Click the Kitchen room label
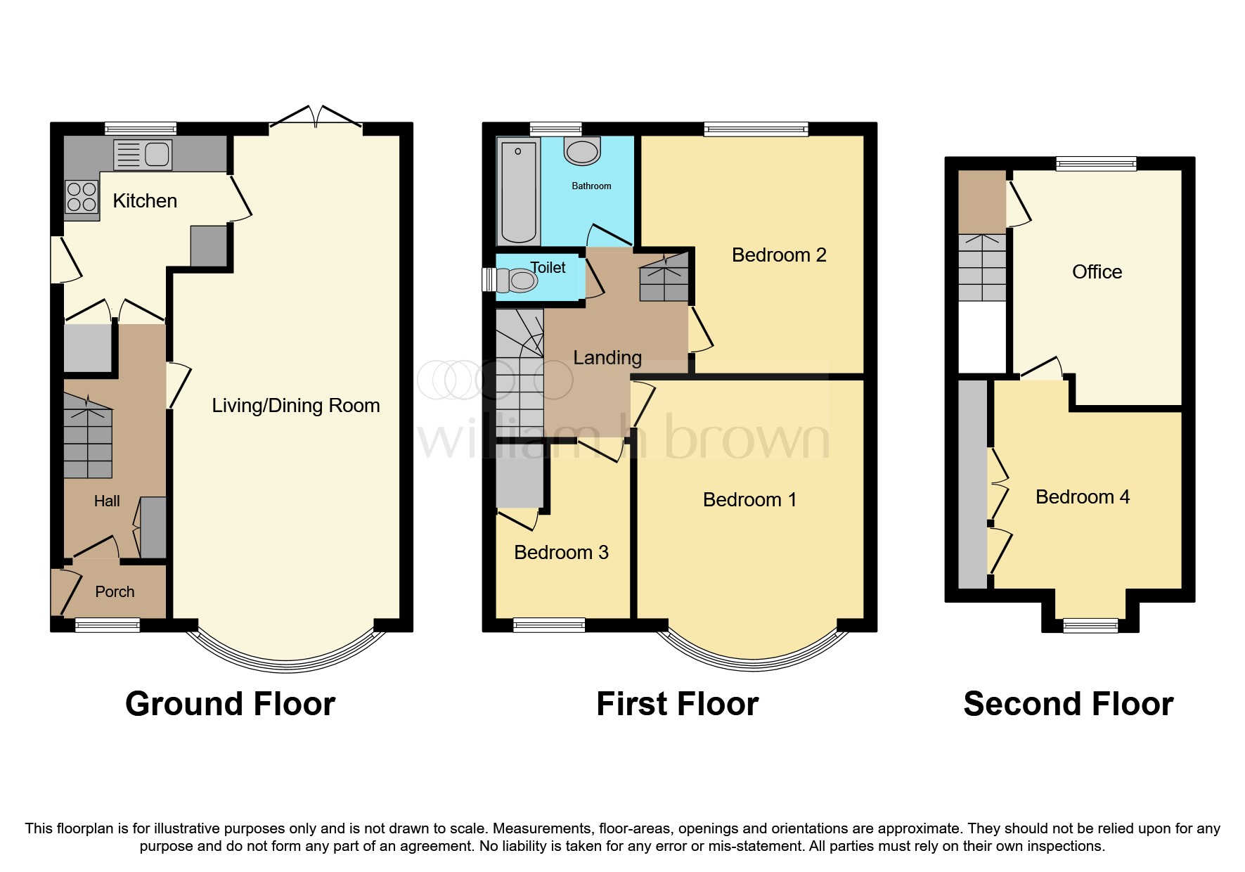(x=145, y=201)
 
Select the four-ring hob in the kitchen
(x=81, y=197)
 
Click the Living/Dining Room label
(x=296, y=406)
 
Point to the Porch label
(x=115, y=592)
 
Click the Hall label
(x=107, y=501)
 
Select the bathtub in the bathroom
(x=518, y=190)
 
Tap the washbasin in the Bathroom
(x=582, y=150)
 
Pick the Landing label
(x=607, y=358)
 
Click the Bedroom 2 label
(x=779, y=255)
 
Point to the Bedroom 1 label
(x=749, y=500)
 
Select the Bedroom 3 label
(x=561, y=553)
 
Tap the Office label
(x=1097, y=272)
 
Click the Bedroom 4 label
(x=1082, y=497)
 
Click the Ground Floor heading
(x=230, y=704)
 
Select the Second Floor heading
(x=1068, y=704)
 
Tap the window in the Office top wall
(x=1096, y=164)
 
